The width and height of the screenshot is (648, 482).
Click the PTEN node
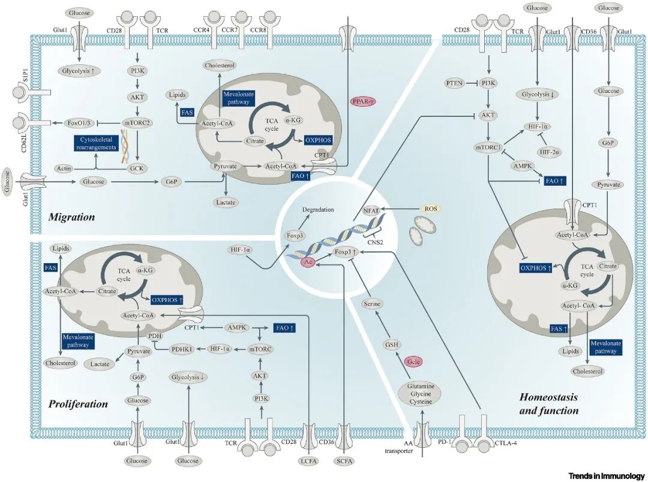pos(455,82)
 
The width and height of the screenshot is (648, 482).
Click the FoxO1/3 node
pos(80,123)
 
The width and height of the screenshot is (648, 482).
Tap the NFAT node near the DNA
pos(372,211)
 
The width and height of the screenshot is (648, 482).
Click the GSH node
pos(391,345)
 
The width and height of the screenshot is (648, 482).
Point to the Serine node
pos(372,305)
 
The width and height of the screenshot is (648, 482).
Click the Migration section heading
pos(71,217)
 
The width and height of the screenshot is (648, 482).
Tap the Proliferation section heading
pos(78,403)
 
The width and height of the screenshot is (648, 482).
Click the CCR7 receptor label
pos(239,28)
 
